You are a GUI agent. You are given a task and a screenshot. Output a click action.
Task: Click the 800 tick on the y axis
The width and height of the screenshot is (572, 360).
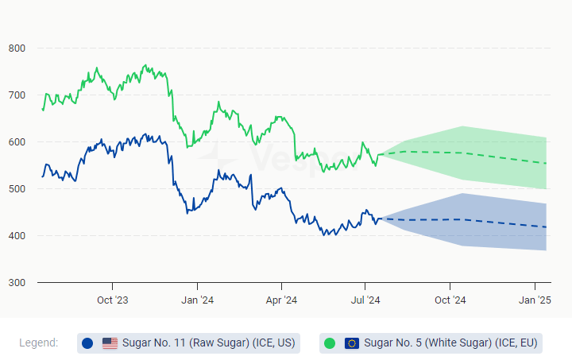tap(17, 48)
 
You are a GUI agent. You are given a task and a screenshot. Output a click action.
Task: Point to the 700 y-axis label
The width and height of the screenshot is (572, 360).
tap(17, 95)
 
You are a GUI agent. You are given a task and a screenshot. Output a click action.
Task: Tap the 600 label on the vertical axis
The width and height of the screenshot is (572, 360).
tap(17, 142)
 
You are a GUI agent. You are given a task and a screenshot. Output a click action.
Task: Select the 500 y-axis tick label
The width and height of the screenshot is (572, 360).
tap(17, 189)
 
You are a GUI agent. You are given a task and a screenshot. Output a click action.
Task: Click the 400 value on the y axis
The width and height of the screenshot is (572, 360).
tap(17, 236)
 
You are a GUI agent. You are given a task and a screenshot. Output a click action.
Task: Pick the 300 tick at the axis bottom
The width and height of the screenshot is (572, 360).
tap(17, 283)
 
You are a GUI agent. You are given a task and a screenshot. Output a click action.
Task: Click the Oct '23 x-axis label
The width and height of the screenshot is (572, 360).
tap(112, 300)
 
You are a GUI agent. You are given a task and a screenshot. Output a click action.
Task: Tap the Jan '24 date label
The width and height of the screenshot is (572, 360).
tap(196, 300)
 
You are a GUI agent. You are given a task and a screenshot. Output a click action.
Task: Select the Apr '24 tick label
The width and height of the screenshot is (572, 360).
tap(281, 300)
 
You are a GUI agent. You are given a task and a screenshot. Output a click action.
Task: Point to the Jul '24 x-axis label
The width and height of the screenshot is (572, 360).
tap(365, 300)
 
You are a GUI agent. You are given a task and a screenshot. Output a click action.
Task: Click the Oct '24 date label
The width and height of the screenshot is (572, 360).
tap(450, 300)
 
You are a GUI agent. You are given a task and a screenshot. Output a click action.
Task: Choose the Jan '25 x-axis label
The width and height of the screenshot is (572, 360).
tap(535, 300)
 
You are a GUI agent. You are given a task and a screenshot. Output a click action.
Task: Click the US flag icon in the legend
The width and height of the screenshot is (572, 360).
tap(110, 343)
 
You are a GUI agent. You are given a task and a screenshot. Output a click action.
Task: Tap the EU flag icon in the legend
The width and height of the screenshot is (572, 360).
tap(352, 343)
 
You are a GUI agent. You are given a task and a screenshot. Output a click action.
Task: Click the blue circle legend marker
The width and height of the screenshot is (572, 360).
tap(87, 343)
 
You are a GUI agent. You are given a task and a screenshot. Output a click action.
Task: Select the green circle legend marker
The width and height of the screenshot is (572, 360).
tap(330, 343)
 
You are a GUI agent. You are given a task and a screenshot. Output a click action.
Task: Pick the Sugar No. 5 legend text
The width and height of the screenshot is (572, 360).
tap(450, 343)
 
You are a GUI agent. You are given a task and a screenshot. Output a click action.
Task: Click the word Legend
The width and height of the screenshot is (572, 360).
tap(38, 343)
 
